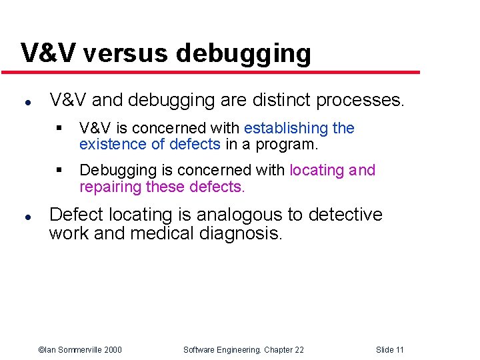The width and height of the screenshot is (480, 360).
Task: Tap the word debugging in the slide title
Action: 245,53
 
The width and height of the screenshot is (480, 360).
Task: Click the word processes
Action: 361,101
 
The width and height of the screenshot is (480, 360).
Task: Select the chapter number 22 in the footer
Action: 298,350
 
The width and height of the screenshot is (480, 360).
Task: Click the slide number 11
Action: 399,350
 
